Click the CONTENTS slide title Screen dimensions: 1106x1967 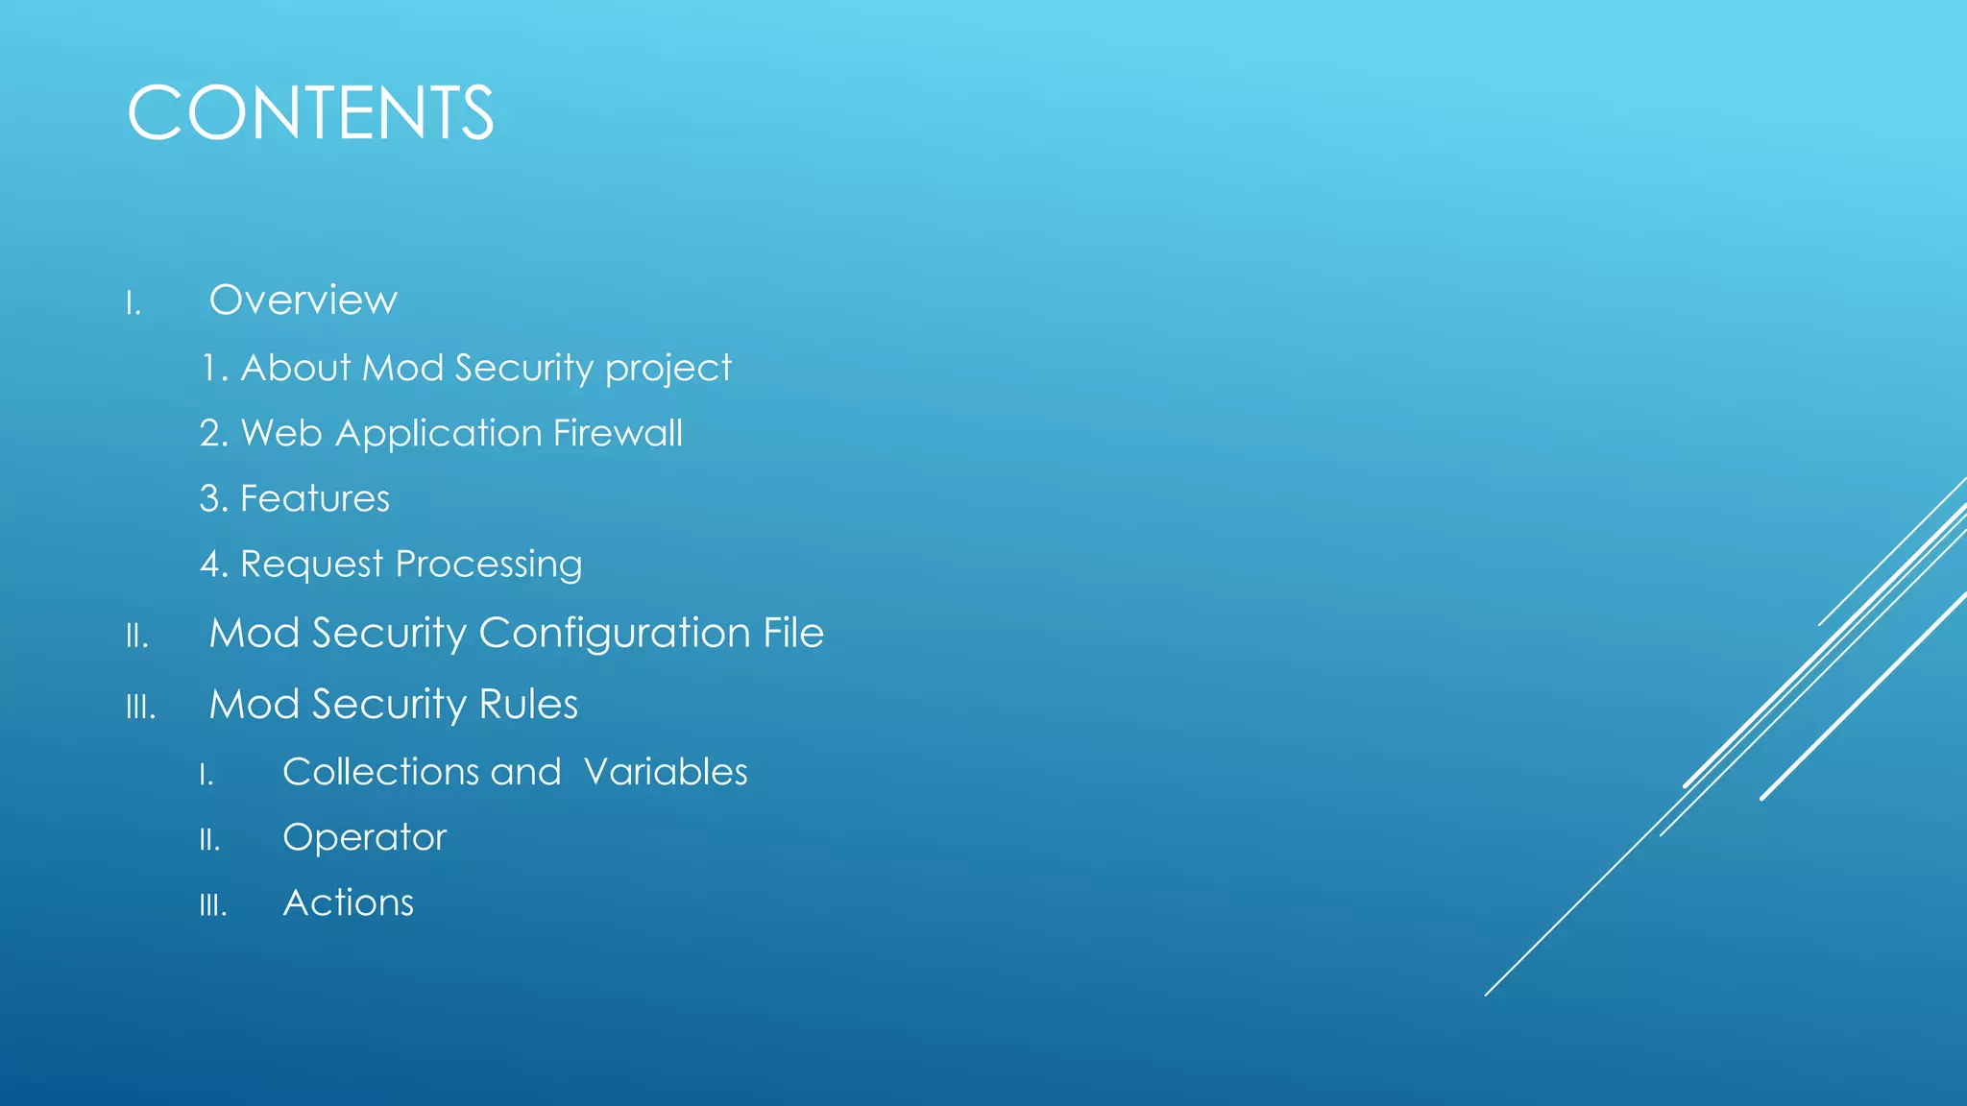click(310, 113)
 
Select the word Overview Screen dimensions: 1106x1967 click(303, 301)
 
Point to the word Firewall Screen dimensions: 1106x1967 click(618, 433)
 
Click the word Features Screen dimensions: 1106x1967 click(314, 499)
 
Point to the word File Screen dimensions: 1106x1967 click(793, 633)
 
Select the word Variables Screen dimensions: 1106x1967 click(666, 772)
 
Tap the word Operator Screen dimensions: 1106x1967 click(365, 838)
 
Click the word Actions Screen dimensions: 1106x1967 click(349, 903)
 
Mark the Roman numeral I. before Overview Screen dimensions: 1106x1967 click(134, 305)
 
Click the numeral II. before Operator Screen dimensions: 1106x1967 click(209, 841)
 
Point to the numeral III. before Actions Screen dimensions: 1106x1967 click(213, 906)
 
